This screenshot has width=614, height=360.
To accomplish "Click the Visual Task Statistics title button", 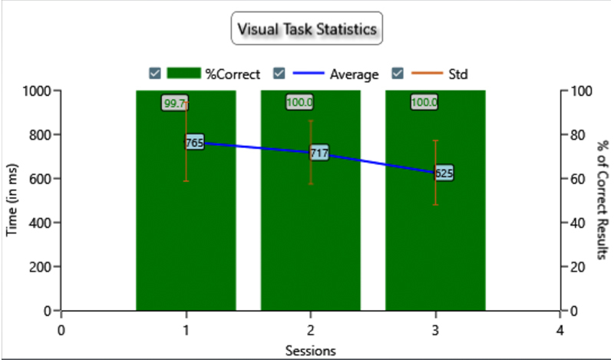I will tap(307, 29).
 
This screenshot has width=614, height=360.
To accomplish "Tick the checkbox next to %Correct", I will tap(155, 74).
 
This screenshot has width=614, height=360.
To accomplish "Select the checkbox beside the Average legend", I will tap(280, 74).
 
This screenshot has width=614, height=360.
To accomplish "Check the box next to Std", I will tap(398, 74).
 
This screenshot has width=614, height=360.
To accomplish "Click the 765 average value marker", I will tap(194, 142).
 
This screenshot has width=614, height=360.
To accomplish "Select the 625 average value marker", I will tap(444, 173).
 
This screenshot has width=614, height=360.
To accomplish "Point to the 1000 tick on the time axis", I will tap(35, 91).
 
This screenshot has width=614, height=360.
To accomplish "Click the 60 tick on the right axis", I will tap(582, 179).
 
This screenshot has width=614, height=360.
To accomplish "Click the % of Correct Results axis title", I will tap(603, 200).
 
